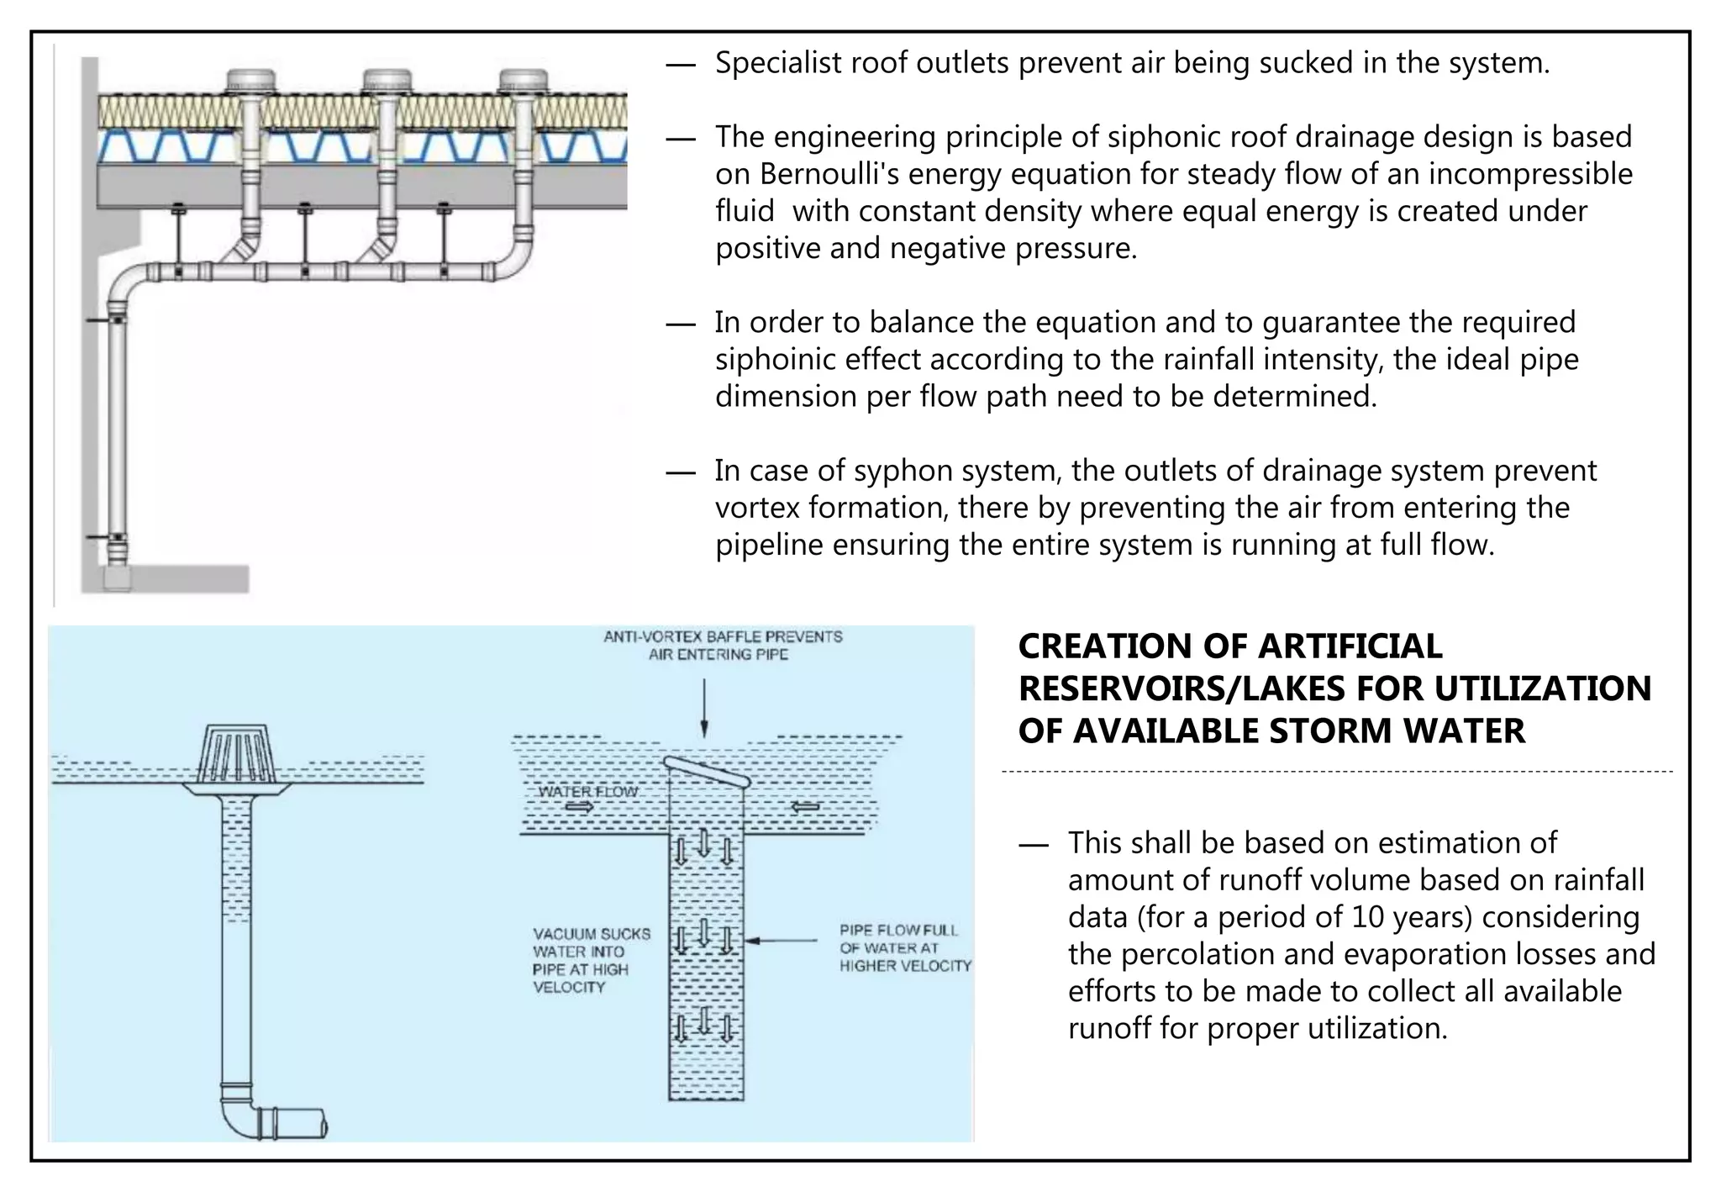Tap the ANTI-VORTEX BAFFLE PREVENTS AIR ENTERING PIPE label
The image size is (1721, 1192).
pyautogui.click(x=722, y=646)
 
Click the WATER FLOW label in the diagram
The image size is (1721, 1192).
pyautogui.click(x=587, y=792)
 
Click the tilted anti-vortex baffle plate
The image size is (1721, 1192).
pyautogui.click(x=706, y=771)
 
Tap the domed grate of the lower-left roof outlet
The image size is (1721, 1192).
pyautogui.click(x=237, y=752)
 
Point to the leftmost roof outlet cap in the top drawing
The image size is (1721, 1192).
pyautogui.click(x=251, y=82)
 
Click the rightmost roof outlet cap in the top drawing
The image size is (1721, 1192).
pyautogui.click(x=523, y=82)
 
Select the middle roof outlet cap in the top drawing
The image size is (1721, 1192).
pyautogui.click(x=387, y=82)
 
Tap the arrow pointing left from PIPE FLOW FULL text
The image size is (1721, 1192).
pyautogui.click(x=782, y=941)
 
